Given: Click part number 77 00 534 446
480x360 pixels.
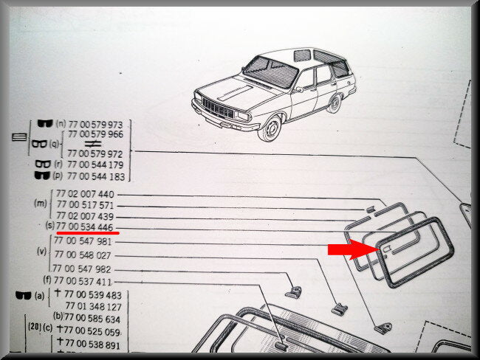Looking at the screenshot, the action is (85, 227).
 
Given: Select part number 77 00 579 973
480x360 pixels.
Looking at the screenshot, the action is (95, 125).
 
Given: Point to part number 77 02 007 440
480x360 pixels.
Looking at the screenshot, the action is (85, 194).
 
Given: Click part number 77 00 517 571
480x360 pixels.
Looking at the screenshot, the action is (85, 204).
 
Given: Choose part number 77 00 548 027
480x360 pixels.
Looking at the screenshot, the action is (83, 255).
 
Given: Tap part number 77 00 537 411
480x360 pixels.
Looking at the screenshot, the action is (83, 281).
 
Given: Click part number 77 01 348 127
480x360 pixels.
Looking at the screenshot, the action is (93, 306).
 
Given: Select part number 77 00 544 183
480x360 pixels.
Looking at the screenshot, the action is (96, 176).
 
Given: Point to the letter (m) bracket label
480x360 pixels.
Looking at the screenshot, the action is (41, 204).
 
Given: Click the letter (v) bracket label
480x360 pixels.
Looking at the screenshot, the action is (41, 252).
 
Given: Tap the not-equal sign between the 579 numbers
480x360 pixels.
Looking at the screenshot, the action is (93, 143).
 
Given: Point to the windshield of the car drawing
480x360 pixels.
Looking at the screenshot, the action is (270, 72).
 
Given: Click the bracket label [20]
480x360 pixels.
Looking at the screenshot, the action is (35, 327).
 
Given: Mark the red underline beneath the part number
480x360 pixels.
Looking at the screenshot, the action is (88, 233).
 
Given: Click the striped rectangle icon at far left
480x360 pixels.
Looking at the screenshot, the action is (19, 136).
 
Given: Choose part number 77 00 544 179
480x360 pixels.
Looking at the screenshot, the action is (95, 165).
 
